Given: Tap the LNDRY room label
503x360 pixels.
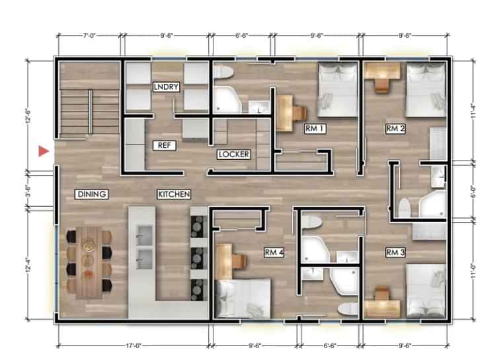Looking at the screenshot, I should (163, 87).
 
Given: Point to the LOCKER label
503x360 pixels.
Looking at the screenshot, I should (233, 155).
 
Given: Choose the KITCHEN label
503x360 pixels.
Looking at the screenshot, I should (174, 194).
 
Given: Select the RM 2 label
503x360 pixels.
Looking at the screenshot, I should (395, 129).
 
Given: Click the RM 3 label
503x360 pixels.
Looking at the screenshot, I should (395, 252).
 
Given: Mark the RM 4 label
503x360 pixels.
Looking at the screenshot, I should (274, 252).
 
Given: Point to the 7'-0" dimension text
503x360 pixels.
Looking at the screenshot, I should (89, 30).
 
